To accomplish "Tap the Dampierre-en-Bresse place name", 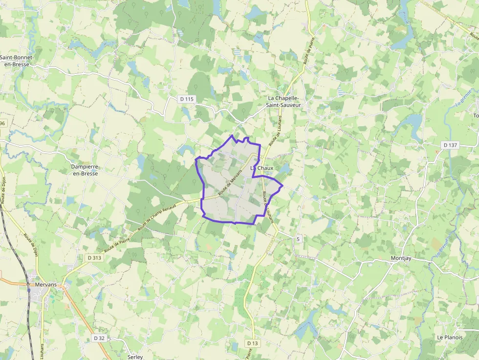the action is (x=85, y=170).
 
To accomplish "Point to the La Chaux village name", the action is (x=262, y=168).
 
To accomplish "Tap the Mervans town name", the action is (x=47, y=284).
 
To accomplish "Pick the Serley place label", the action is (x=135, y=357).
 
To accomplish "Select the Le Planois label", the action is (x=450, y=337).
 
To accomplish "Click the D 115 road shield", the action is (x=187, y=99).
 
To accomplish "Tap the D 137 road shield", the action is (x=450, y=145).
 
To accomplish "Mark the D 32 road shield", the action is (x=99, y=338).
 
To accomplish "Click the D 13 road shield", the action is (x=252, y=343).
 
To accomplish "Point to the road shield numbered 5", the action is (x=298, y=238).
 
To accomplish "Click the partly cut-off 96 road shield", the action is (x=3, y=123).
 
